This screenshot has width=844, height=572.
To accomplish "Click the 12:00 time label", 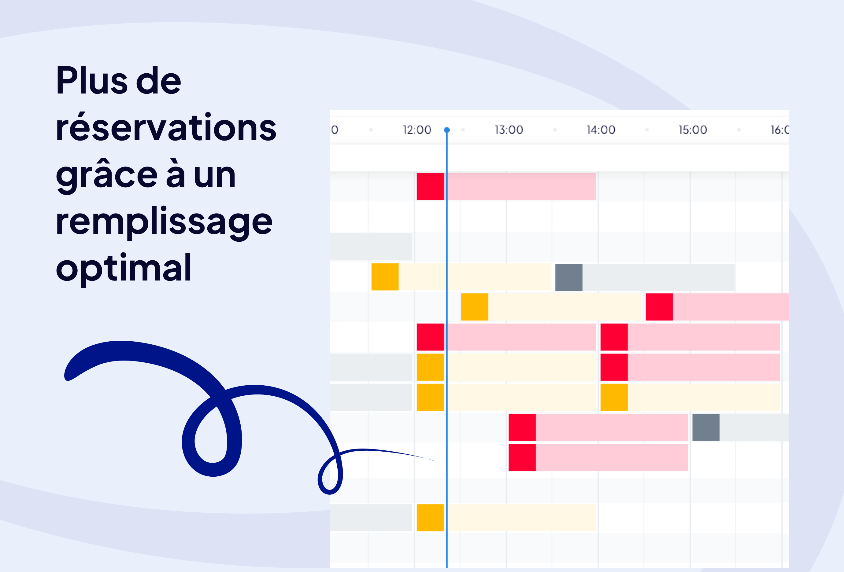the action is click(x=417, y=130).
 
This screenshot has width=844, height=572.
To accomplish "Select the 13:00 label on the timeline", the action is click(x=509, y=130).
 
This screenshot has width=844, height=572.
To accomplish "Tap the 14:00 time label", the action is click(x=601, y=130).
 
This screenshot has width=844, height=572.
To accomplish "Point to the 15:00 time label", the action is click(x=693, y=130).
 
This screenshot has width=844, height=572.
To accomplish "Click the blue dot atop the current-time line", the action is click(x=447, y=130).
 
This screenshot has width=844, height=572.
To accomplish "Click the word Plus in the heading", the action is click(x=92, y=80).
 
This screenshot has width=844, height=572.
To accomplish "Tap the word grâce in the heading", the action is click(x=107, y=176).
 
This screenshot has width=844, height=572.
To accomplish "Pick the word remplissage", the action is click(x=164, y=222).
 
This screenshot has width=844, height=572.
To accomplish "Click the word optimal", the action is click(x=124, y=269).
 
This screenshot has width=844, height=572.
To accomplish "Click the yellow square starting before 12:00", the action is click(x=385, y=277).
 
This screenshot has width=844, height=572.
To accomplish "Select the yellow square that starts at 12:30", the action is click(x=475, y=307).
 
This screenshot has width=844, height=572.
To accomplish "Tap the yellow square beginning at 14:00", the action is click(x=614, y=397).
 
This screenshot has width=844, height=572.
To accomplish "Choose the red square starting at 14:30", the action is click(x=659, y=307).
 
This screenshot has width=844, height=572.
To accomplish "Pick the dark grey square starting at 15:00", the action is click(x=706, y=427).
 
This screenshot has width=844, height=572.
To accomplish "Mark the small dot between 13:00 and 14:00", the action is click(x=555, y=130).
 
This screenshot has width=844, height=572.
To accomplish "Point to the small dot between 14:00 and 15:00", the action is click(x=647, y=130).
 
